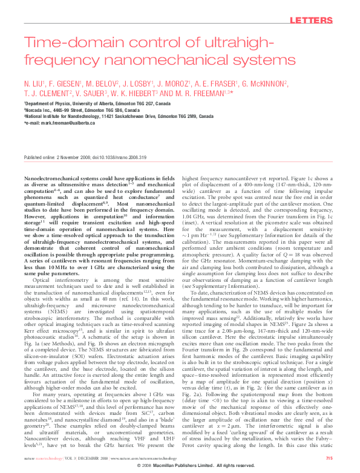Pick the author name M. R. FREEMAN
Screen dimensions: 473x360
click(x=201, y=93)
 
